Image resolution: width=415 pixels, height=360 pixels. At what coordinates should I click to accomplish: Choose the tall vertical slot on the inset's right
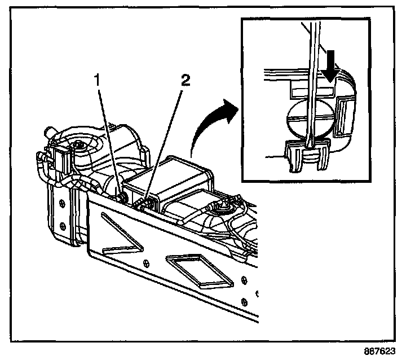[x=342, y=116]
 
